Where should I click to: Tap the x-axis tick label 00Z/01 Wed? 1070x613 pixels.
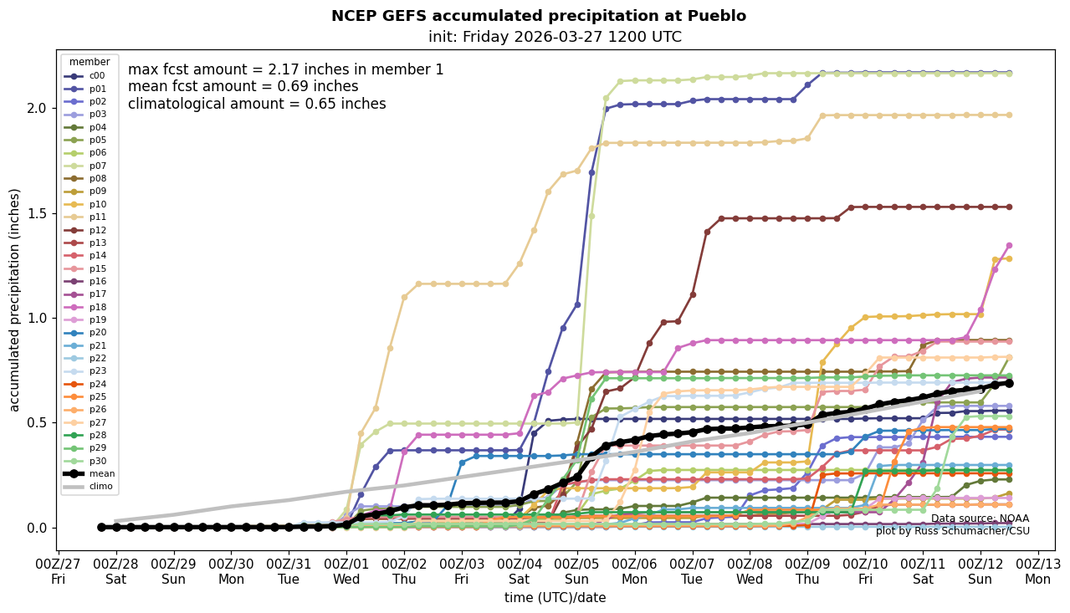point(346,571)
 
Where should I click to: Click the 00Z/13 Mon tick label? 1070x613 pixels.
point(1038,571)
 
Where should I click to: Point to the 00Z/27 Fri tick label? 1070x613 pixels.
point(58,571)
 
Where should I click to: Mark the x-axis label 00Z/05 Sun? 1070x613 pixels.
point(577,571)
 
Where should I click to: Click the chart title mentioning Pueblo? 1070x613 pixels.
point(539,16)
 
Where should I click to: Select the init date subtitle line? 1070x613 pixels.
point(555,37)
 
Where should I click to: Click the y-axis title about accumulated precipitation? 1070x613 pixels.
point(14,299)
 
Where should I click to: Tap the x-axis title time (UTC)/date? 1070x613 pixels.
point(555,597)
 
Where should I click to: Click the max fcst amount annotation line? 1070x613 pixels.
point(286,70)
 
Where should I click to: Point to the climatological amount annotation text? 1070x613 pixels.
point(257,104)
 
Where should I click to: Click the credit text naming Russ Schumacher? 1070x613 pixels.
point(952,531)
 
